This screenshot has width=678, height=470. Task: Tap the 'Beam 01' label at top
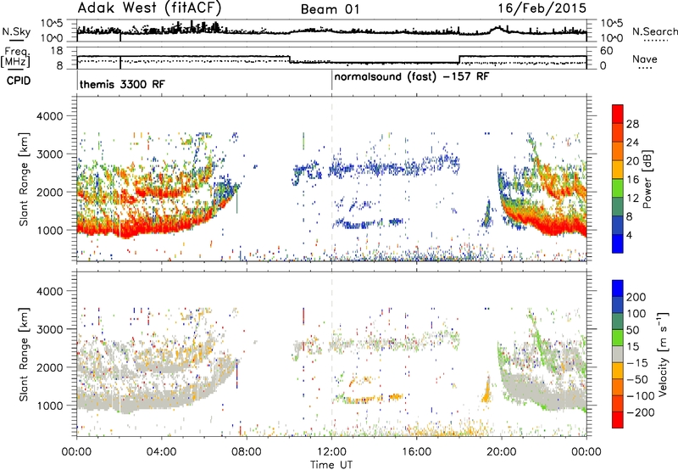pos(330,9)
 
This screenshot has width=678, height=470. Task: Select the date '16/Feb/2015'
pos(542,8)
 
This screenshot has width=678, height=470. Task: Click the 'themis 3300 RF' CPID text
pos(122,84)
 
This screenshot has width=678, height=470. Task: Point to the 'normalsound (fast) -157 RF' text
pos(412,77)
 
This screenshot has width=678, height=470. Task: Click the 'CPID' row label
pos(18,81)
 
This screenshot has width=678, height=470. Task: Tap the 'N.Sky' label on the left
pos(16,31)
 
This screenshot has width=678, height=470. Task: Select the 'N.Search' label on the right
pos(654,31)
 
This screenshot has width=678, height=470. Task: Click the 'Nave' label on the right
pos(645,59)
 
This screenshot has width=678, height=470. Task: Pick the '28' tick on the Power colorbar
pos(632,124)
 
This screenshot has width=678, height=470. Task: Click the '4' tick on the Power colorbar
pos(629,235)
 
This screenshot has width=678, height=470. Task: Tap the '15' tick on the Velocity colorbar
pos(632,347)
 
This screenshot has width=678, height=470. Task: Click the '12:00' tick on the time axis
pos(331,452)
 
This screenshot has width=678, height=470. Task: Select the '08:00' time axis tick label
pos(247,452)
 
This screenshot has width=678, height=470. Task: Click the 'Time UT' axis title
pos(331,465)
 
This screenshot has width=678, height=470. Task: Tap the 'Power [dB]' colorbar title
pos(647,179)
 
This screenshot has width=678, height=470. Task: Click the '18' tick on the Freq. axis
pos(57,51)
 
